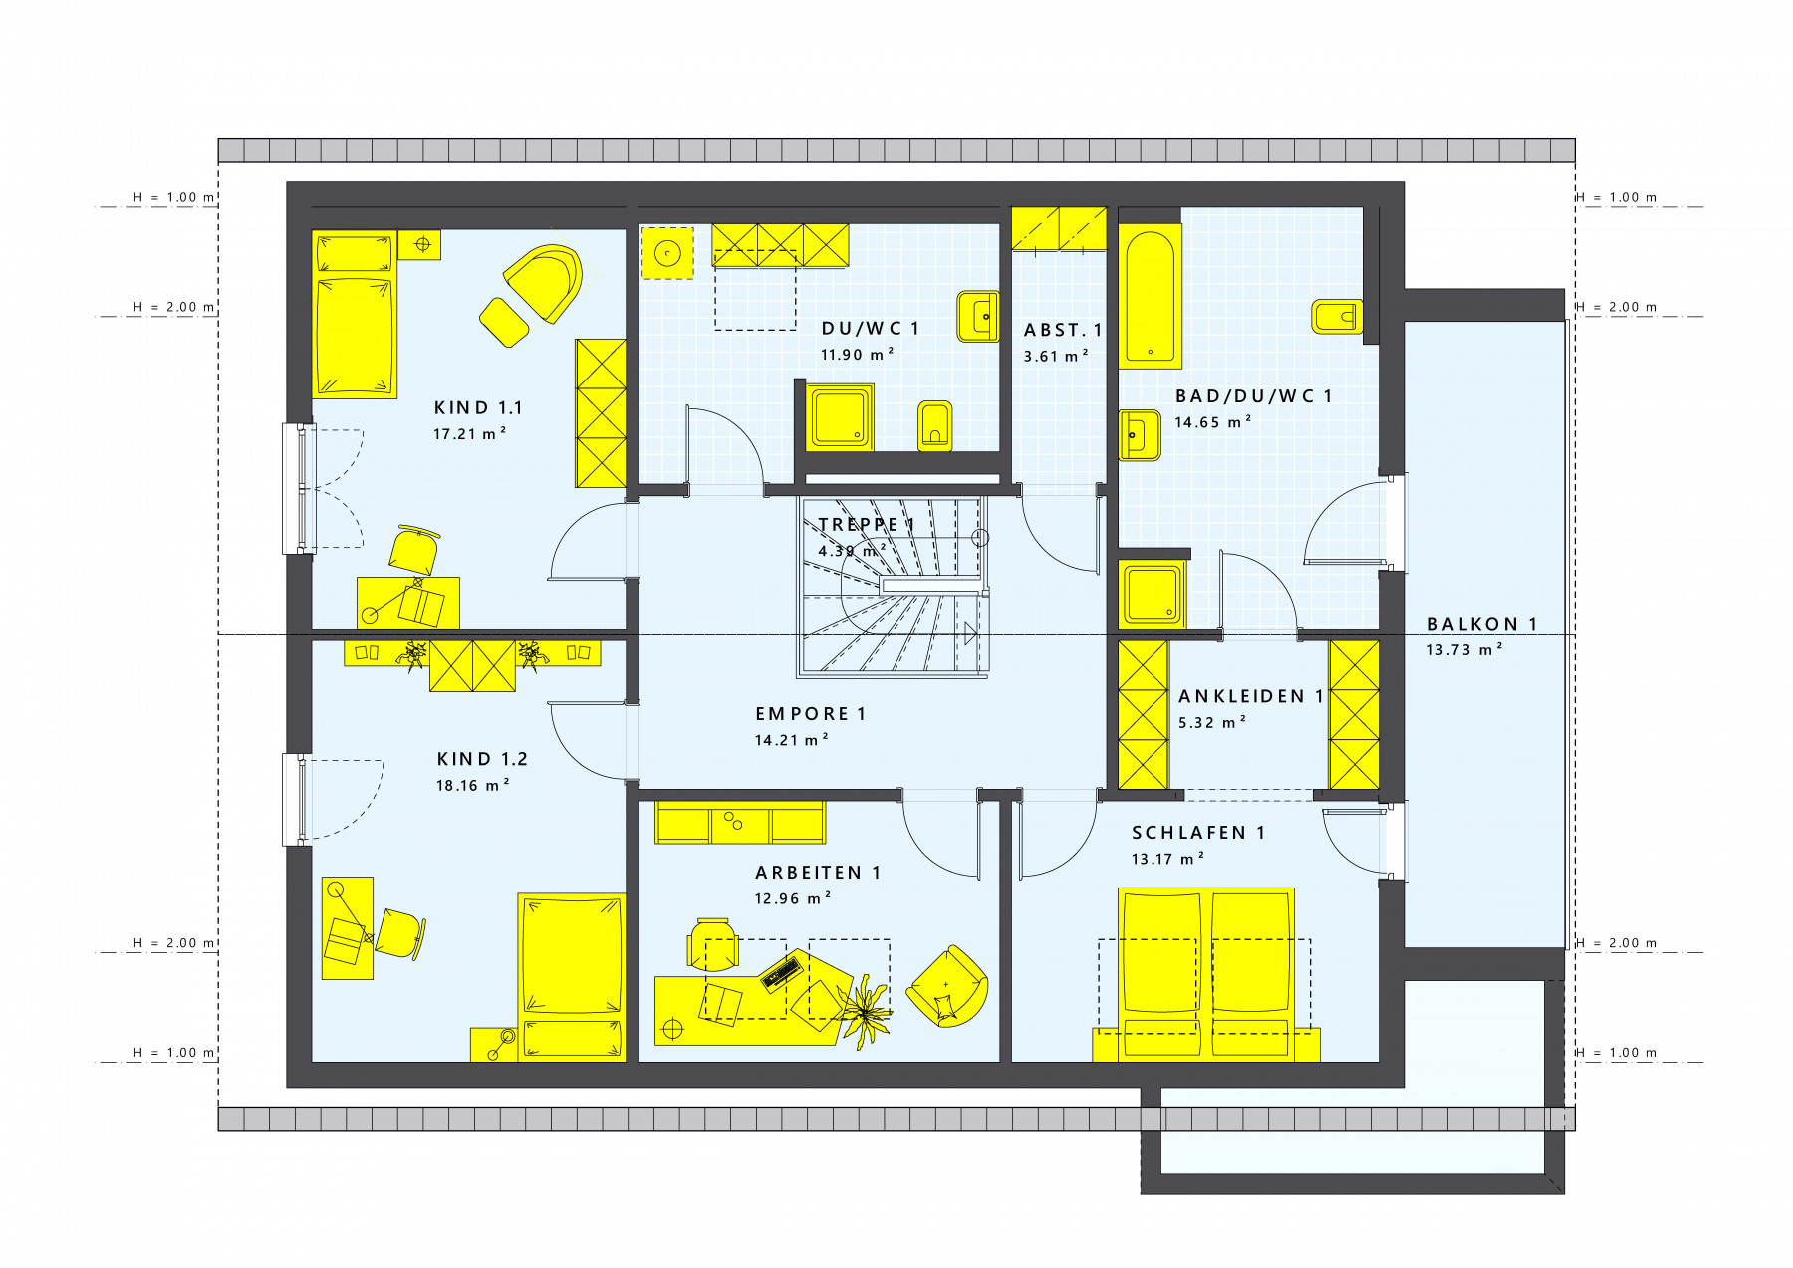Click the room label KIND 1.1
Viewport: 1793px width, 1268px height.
pos(478,407)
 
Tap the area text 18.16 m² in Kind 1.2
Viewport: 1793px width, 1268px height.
pos(473,785)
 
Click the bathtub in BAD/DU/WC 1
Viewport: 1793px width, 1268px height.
pos(1150,296)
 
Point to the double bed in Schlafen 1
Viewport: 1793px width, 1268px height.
pos(1206,974)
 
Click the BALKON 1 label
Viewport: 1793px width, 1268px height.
pos(1482,624)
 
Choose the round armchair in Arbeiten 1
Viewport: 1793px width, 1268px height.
pos(947,986)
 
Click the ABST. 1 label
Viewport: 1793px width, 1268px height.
pos(1063,330)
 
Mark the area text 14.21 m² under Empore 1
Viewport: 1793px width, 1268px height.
pos(792,740)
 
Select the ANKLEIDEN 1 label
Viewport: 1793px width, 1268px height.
pos(1251,696)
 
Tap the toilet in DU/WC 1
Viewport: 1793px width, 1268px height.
pos(935,426)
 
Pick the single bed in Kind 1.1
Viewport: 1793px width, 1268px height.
pos(355,315)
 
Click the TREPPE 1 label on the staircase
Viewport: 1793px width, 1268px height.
pos(866,524)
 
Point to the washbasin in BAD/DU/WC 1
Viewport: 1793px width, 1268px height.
pos(1140,435)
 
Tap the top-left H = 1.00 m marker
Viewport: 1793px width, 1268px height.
pos(174,197)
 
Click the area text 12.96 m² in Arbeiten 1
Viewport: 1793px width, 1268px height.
pos(793,898)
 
